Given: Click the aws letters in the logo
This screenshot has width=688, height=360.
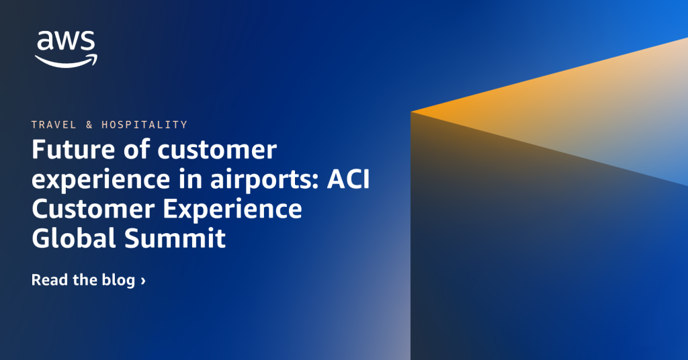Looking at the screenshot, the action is coord(66,41).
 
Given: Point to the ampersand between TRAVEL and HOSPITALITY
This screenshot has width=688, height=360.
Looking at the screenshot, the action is coord(89,125).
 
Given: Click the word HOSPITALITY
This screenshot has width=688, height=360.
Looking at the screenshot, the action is coord(144,125).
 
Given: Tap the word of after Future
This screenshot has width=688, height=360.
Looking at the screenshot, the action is coord(137,150).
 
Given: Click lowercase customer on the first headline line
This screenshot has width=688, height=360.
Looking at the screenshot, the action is coord(217,150).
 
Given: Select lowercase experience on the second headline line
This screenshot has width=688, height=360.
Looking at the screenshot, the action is coord(101,180).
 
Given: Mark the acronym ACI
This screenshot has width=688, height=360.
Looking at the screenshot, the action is coord(349,179).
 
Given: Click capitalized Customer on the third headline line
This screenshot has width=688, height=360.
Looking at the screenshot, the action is coord(93,209).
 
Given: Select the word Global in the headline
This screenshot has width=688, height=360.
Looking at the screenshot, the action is coord(74,238).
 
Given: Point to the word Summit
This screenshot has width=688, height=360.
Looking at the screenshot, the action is coord(175,238).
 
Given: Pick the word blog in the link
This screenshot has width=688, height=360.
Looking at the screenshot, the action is coord(118,281).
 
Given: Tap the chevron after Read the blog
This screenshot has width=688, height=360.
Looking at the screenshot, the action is coord(143,281).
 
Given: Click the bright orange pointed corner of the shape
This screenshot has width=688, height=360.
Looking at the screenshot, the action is coord(412,111).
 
